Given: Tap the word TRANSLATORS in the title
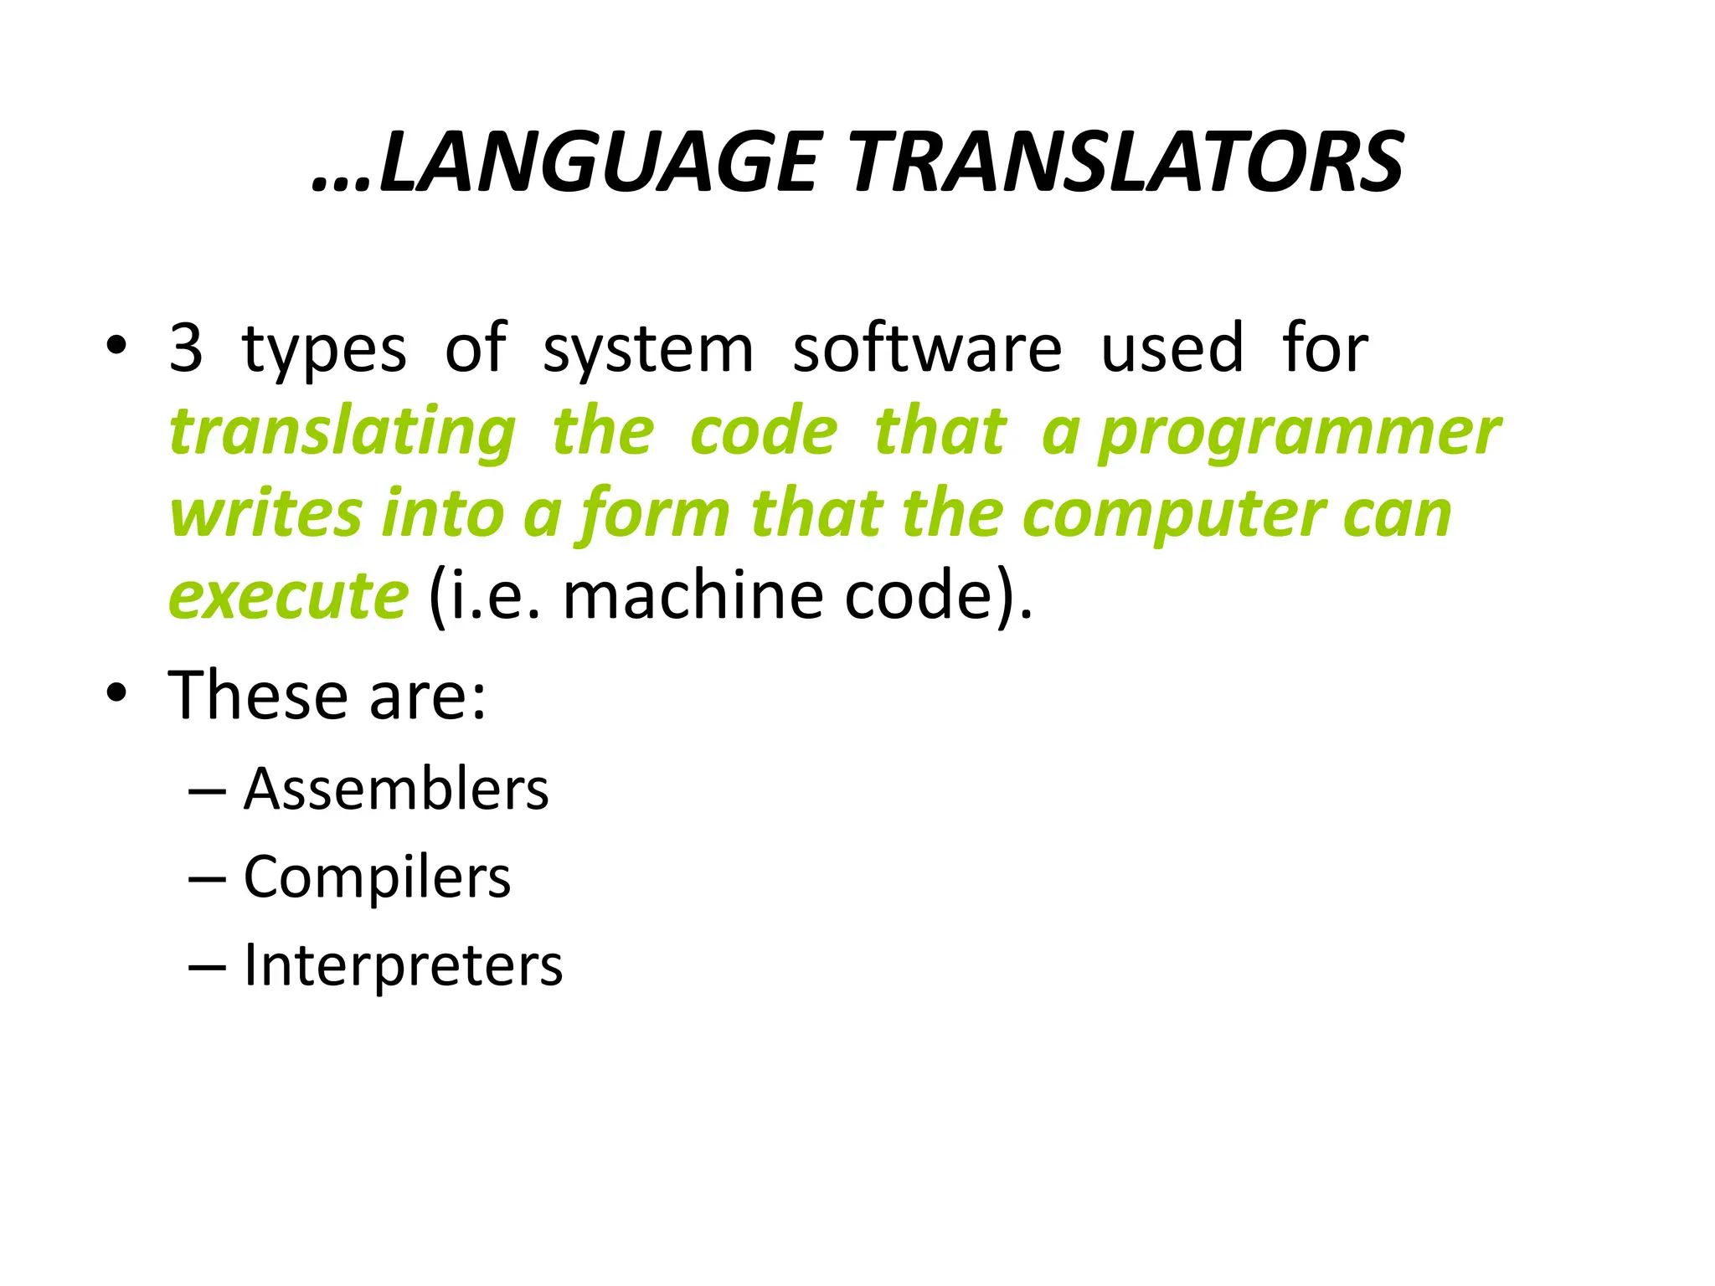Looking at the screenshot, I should pyautogui.click(x=1127, y=162).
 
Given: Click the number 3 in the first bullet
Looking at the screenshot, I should pyautogui.click(x=186, y=347).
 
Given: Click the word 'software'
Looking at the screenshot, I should pyautogui.click(x=927, y=347).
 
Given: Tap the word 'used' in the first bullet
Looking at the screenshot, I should pyautogui.click(x=1172, y=347).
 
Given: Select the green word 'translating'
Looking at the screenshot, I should pyautogui.click(x=342, y=433).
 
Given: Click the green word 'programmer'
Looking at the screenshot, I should pyautogui.click(x=1299, y=433).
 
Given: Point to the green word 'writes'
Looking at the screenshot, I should pyautogui.click(x=265, y=513).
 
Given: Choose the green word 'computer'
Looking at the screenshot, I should pyautogui.click(x=1173, y=515).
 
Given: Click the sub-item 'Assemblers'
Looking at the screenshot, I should pyautogui.click(x=396, y=790).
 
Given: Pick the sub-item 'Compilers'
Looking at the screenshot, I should pyautogui.click(x=377, y=878).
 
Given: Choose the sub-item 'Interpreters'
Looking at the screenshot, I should pyautogui.click(x=403, y=965).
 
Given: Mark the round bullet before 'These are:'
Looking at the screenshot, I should pyautogui.click(x=116, y=694).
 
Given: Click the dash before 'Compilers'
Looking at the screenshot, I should pyautogui.click(x=207, y=879).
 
